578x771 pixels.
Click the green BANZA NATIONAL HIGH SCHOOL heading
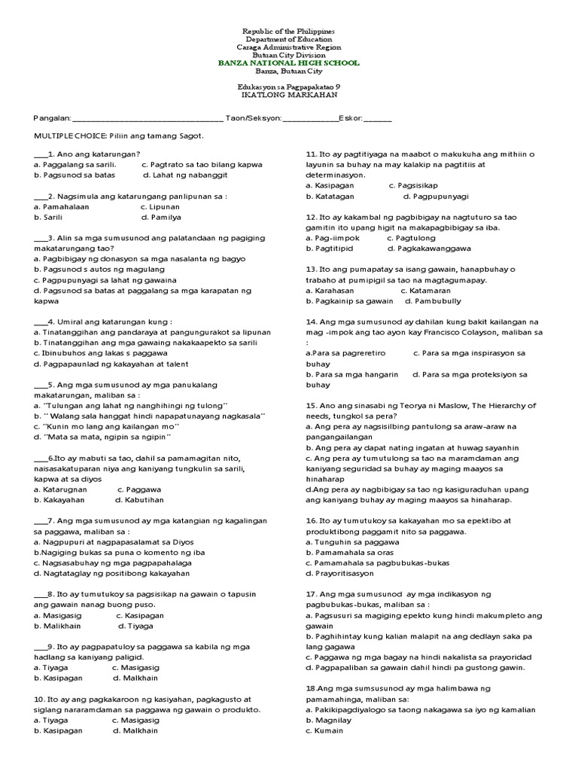(x=288, y=63)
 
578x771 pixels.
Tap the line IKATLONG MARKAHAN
(x=288, y=96)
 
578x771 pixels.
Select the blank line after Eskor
(x=377, y=120)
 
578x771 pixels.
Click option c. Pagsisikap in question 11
(x=412, y=184)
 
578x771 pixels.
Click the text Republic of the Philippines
(x=288, y=31)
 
